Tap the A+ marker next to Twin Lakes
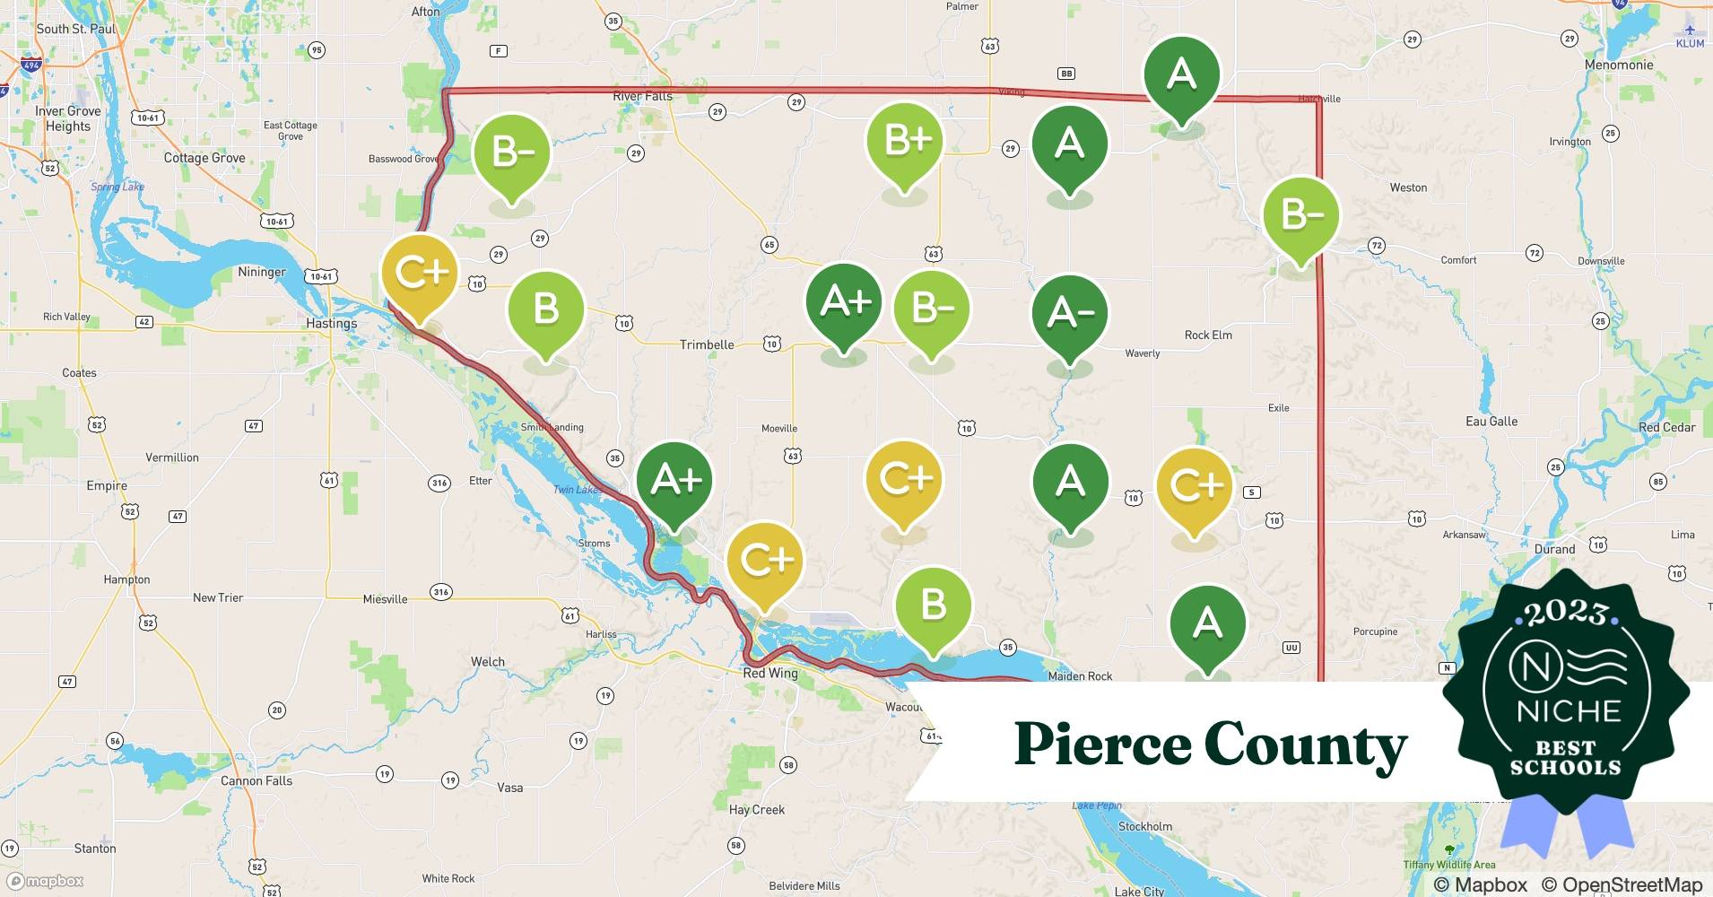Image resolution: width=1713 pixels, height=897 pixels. [674, 481]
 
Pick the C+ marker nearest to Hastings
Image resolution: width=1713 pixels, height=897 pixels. [420, 273]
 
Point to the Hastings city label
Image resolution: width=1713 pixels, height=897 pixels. [331, 323]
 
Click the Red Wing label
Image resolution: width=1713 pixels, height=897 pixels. [770, 673]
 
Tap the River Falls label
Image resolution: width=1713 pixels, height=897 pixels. [642, 96]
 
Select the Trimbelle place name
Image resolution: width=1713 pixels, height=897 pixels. [707, 344]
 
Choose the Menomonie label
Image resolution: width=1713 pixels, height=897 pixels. [1619, 65]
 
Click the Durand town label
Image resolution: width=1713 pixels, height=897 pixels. [1554, 549]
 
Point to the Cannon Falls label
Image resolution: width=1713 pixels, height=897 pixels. [257, 780]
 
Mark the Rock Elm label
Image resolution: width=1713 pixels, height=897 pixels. [1208, 335]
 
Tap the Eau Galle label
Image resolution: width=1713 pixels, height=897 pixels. [1491, 421]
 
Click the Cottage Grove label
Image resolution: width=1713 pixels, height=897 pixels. [204, 158]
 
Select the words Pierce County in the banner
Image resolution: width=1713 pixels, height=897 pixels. [1210, 745]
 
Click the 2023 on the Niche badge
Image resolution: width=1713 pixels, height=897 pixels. [1566, 613]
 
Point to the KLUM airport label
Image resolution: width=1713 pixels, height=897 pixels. [1690, 43]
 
